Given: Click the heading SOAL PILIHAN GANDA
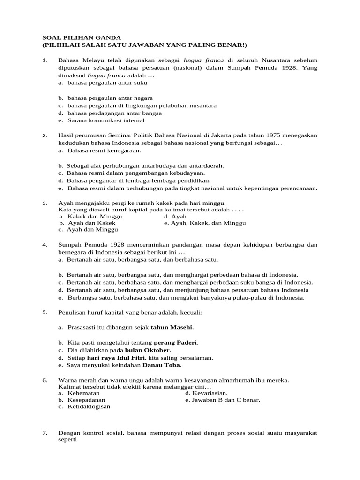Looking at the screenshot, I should tap(82, 37).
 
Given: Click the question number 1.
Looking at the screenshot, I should tap(45, 60).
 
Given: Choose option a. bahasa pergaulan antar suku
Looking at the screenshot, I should tap(103, 83).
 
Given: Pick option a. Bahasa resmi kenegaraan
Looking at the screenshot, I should tap(100, 150).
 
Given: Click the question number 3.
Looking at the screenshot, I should tap(45, 203).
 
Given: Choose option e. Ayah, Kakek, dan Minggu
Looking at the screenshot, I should tap(205, 223).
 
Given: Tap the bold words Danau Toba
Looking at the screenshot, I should tap(162, 365).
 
